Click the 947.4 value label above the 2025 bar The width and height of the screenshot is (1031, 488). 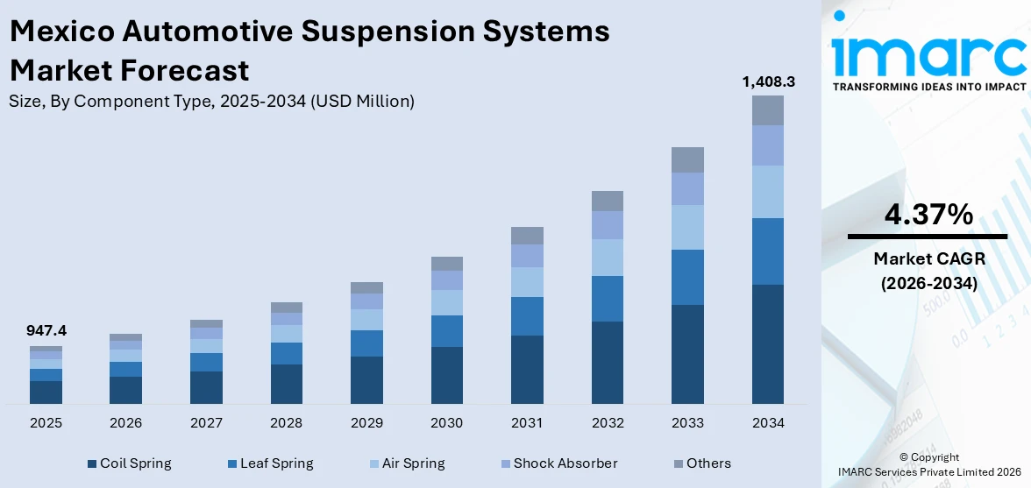[46, 330]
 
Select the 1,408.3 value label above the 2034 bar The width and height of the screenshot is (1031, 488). [767, 81]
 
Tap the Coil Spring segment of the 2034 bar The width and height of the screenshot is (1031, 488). [767, 343]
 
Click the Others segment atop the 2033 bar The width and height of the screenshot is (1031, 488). [687, 159]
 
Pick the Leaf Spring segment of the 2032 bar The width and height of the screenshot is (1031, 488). [607, 299]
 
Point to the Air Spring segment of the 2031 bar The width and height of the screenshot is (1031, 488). [527, 282]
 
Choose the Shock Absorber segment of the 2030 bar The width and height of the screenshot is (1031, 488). [446, 280]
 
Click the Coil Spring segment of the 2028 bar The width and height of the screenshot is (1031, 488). [287, 384]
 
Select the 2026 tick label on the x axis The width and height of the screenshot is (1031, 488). [126, 423]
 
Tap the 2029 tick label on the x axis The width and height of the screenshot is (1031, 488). [366, 423]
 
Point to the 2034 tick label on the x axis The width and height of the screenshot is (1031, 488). [767, 423]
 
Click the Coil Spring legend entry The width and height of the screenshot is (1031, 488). [129, 463]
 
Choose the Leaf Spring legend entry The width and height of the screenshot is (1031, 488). [270, 463]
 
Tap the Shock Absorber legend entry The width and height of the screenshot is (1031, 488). [558, 463]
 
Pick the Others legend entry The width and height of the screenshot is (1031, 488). [700, 463]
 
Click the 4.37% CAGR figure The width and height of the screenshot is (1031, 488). [927, 214]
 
